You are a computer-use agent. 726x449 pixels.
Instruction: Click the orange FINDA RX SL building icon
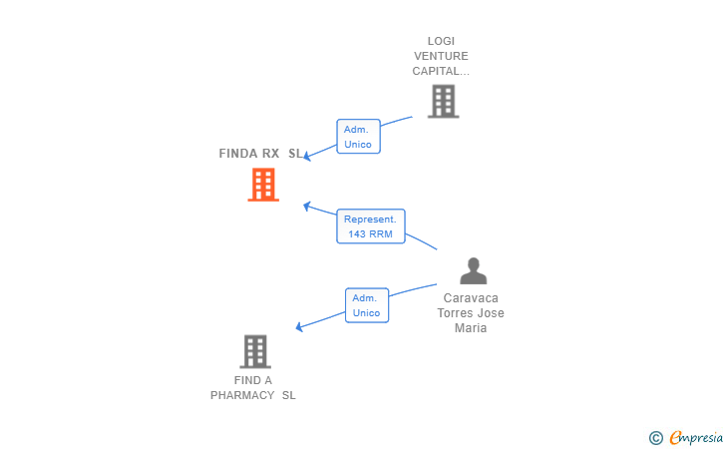coord(263,185)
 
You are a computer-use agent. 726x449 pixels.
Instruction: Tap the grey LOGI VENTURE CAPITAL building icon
coord(443,101)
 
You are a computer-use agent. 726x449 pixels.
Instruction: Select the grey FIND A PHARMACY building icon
coord(255,351)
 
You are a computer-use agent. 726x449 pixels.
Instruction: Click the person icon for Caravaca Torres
coord(473,270)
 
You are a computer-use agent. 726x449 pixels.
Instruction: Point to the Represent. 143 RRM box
coord(371,226)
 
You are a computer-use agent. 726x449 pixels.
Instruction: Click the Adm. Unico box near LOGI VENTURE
coord(358,137)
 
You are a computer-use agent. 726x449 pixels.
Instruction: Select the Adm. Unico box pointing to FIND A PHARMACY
coord(367,305)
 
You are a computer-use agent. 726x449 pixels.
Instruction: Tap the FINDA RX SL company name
coord(260,154)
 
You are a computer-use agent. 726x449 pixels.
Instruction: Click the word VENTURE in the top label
coord(441,56)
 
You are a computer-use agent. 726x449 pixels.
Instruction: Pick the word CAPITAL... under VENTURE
coord(441,71)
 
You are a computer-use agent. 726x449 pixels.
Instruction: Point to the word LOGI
coord(441,41)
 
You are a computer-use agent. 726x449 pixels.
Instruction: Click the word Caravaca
coord(471,298)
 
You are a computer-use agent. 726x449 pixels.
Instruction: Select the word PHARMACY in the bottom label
coord(242,395)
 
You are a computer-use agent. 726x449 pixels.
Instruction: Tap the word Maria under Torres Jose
coord(471,328)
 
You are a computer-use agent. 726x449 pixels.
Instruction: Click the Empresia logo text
coord(696,438)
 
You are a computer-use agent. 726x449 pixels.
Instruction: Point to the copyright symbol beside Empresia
coord(656,438)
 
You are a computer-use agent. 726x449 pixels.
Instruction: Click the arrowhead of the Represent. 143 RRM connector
coord(306,206)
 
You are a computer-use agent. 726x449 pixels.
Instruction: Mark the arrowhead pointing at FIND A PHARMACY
coord(299,327)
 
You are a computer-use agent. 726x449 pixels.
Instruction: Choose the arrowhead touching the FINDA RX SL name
coord(307,157)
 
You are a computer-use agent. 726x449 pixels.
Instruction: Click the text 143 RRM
coord(370,234)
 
